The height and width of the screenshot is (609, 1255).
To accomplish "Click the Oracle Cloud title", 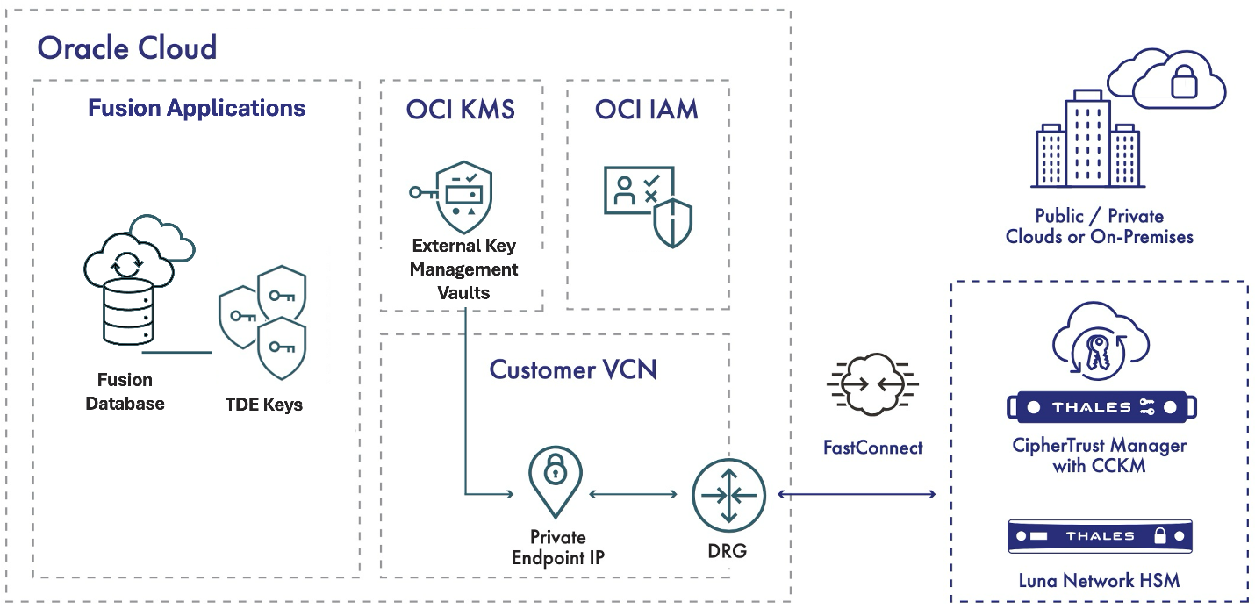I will click(x=127, y=47).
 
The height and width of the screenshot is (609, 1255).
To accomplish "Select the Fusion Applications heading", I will click(x=197, y=108).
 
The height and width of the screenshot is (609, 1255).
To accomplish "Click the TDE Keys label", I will click(x=264, y=405).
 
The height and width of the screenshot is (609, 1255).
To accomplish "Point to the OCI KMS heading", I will click(x=460, y=110).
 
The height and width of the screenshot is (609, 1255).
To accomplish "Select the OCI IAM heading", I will click(x=647, y=110).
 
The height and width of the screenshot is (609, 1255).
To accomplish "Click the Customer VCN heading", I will click(x=572, y=369).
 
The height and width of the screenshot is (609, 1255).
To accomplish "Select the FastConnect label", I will click(x=872, y=448).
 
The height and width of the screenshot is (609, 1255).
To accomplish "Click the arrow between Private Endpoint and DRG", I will click(x=635, y=495).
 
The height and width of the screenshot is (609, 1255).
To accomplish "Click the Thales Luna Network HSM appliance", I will click(x=1100, y=536).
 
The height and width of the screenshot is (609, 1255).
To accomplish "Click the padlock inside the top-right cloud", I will click(x=1183, y=83).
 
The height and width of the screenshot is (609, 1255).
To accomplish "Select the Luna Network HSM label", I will click(x=1099, y=580).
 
